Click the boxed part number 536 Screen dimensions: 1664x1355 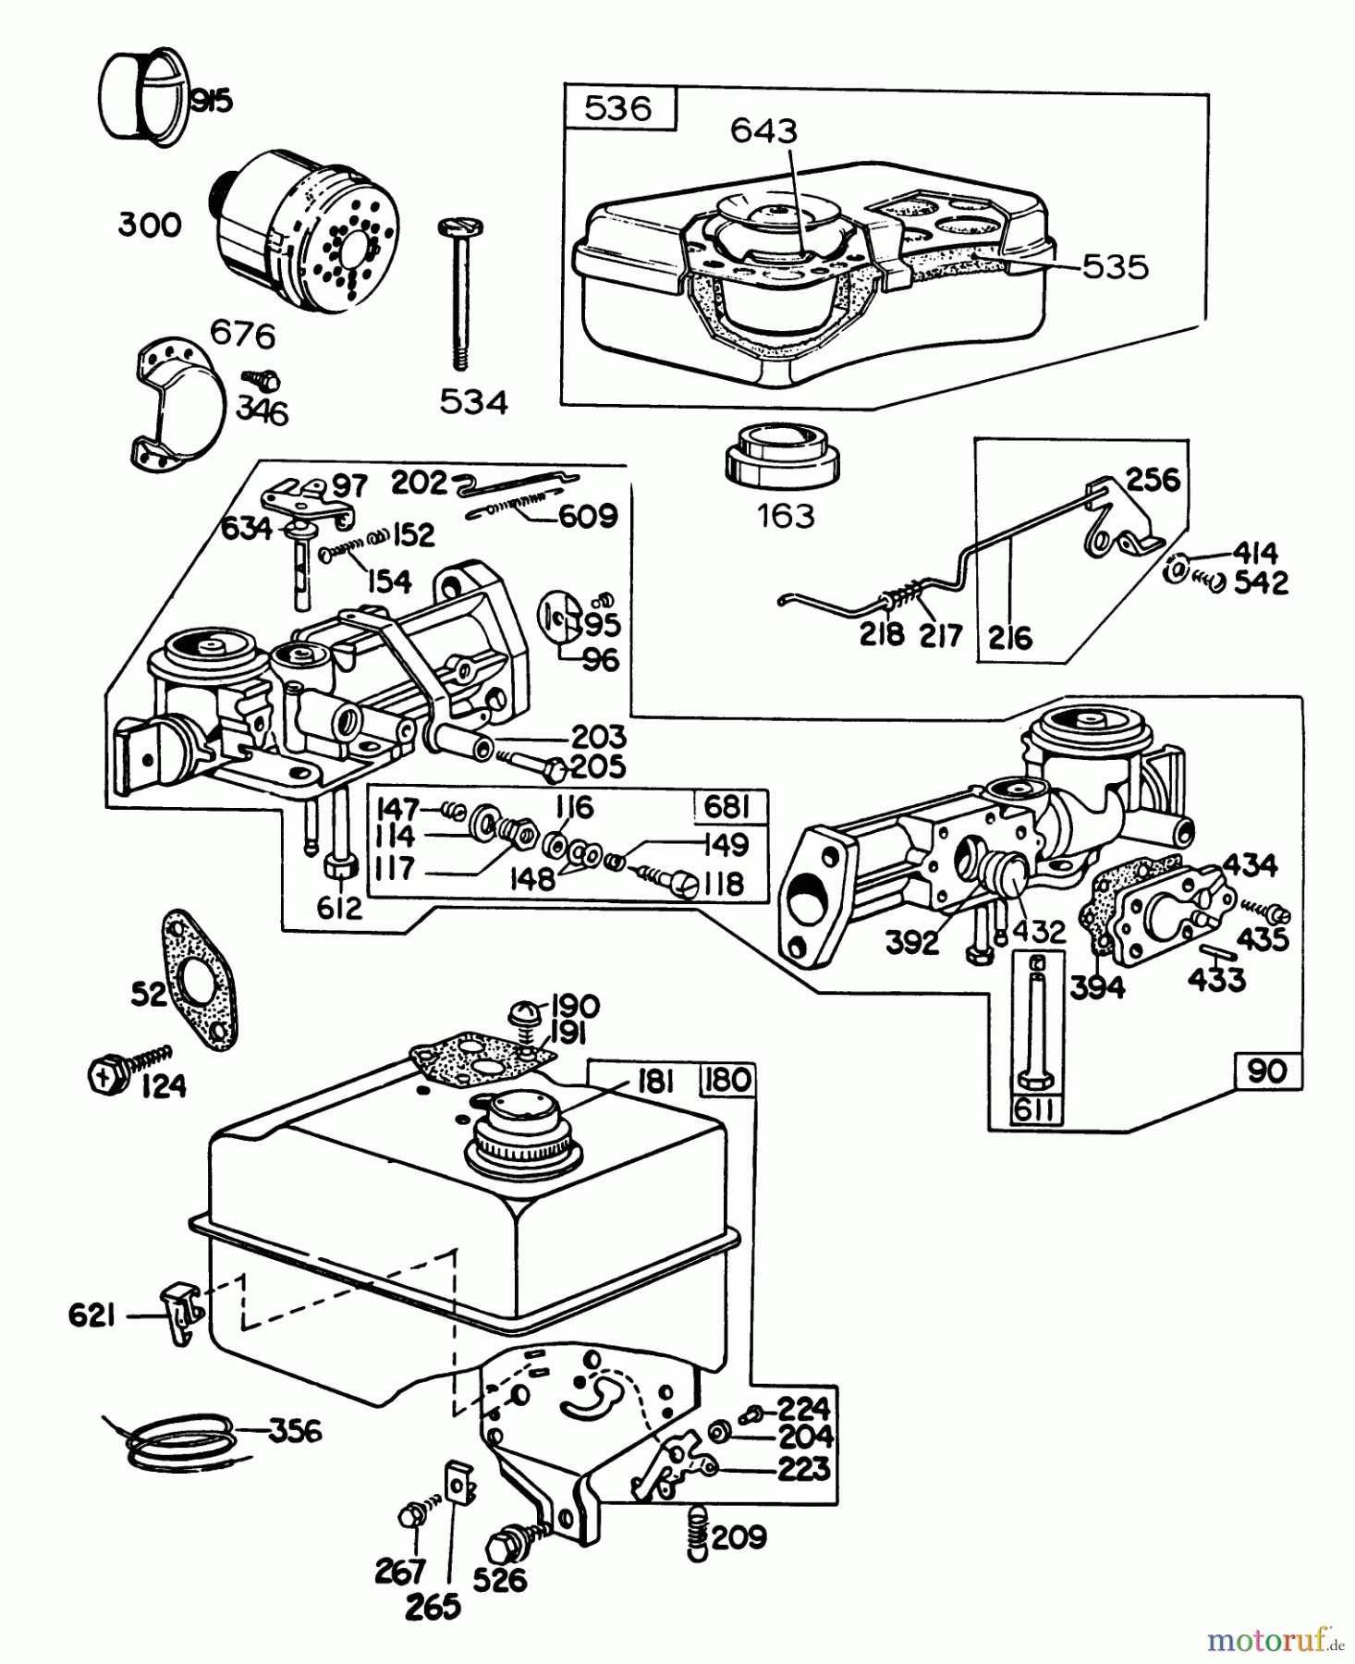point(618,108)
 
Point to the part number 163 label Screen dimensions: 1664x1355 point(786,515)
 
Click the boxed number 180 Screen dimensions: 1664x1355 point(728,1079)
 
